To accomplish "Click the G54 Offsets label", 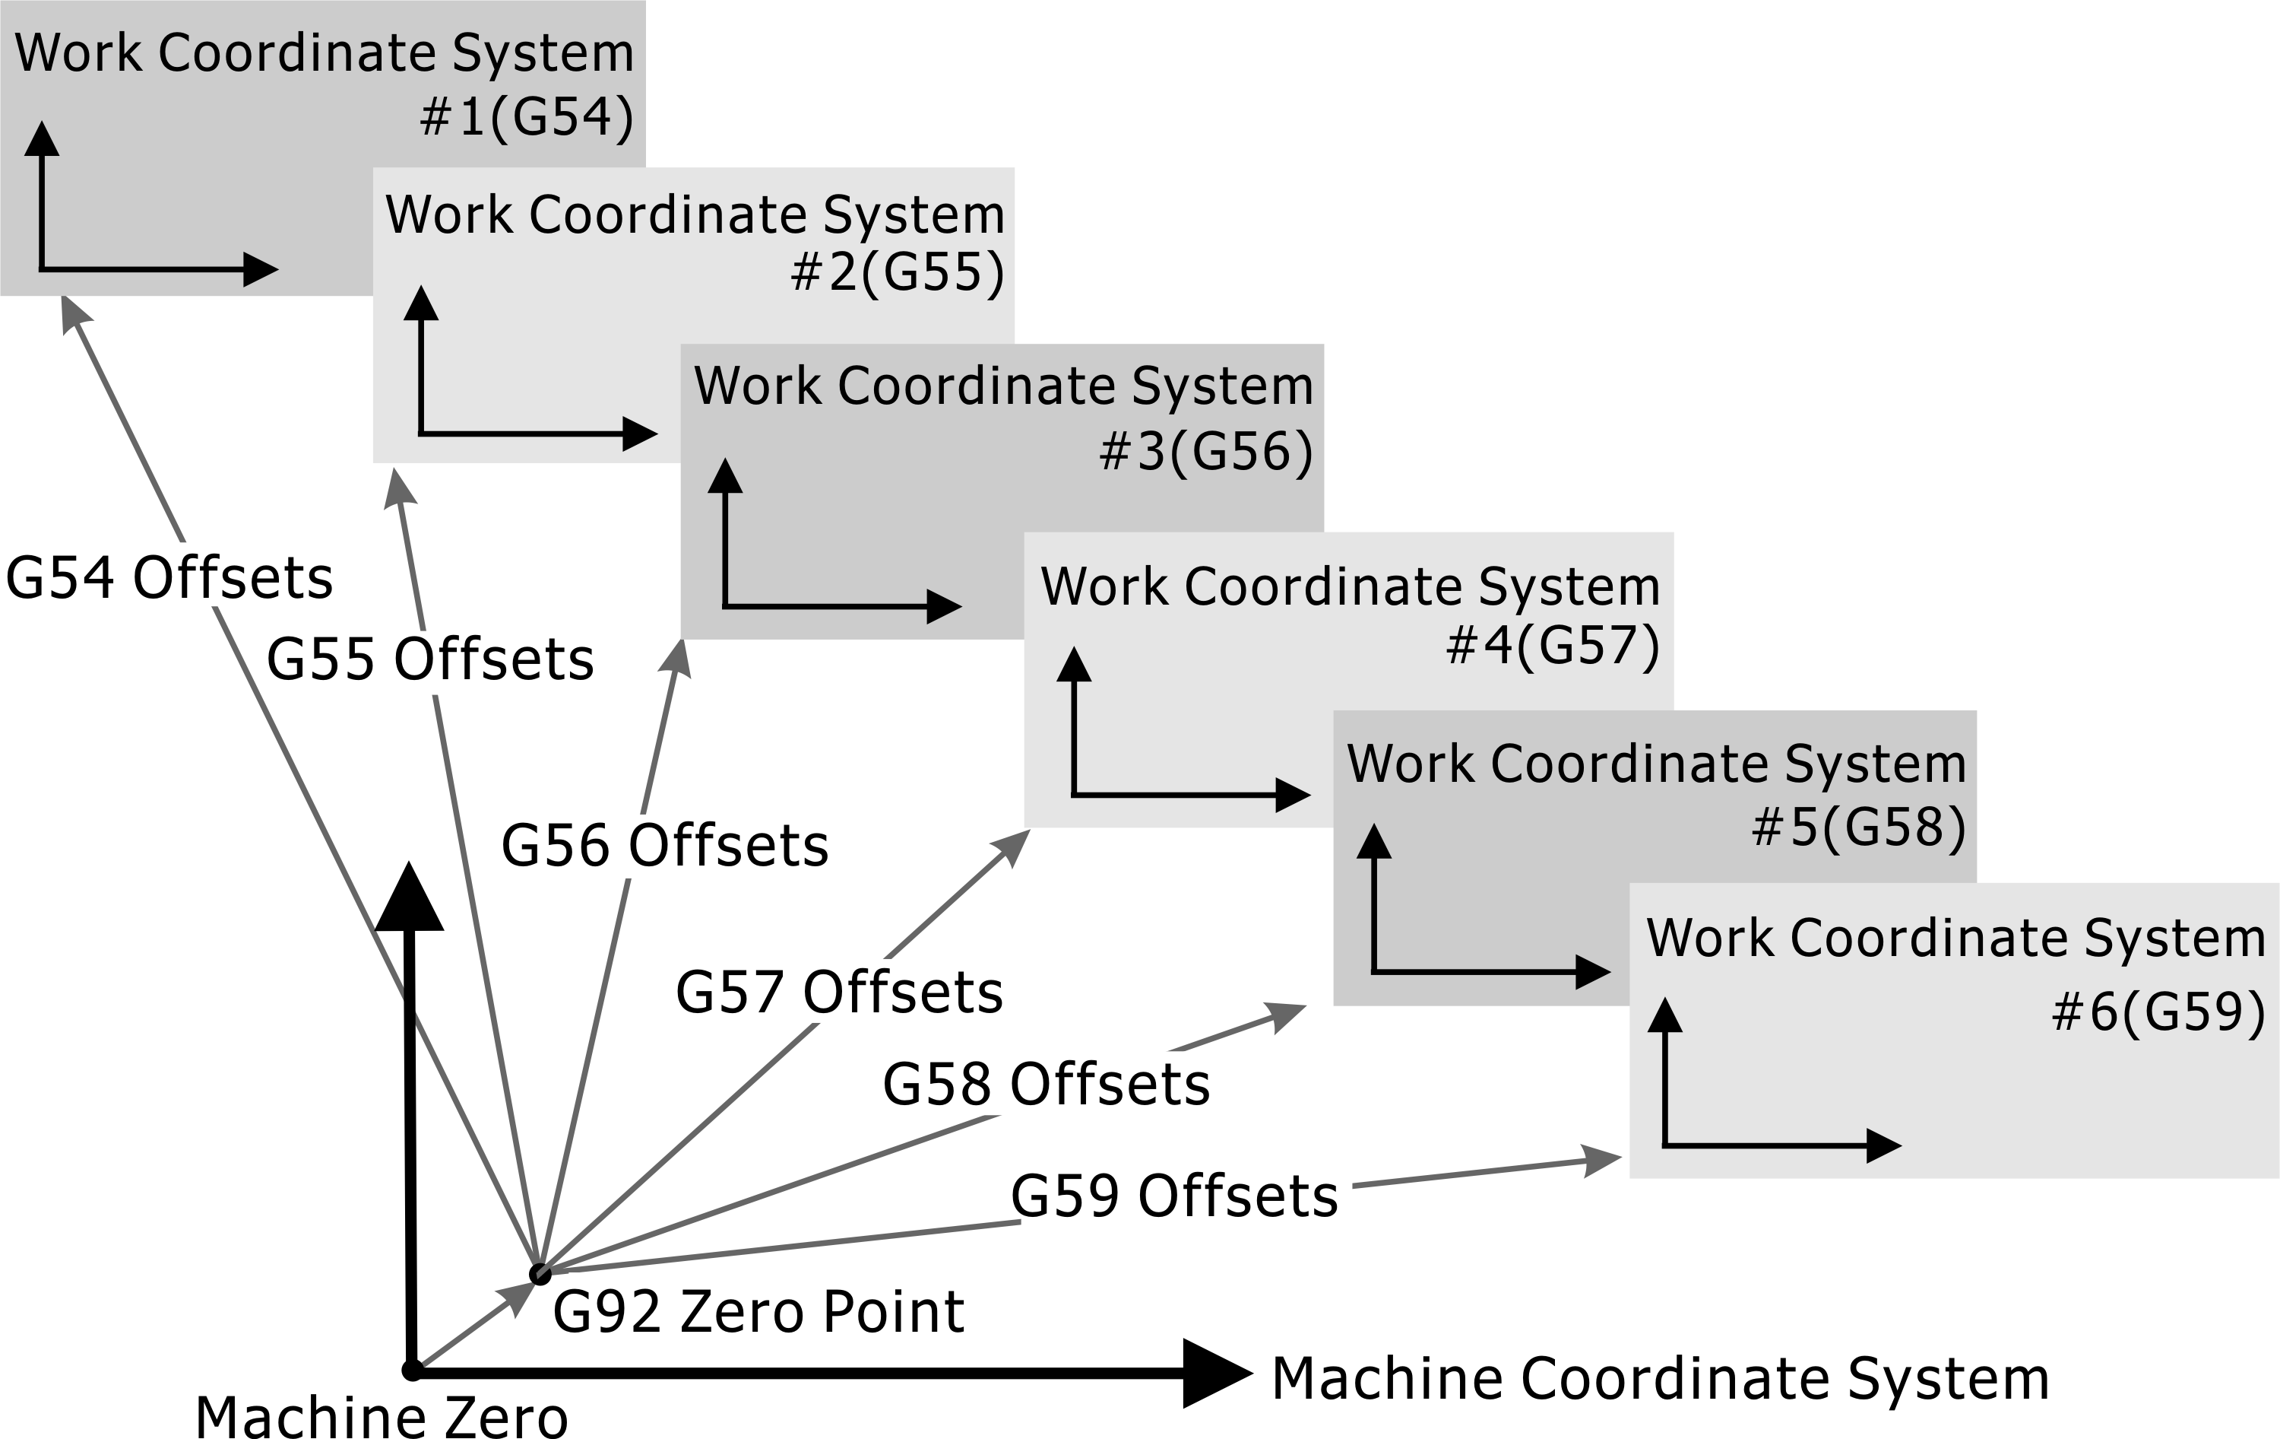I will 169,578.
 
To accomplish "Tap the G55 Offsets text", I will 430,659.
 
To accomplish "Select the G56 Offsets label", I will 665,845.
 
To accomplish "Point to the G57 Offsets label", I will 839,993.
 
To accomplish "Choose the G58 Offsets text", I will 1047,1084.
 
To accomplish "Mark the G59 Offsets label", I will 1174,1196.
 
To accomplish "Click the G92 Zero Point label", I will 758,1312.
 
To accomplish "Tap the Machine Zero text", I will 381,1416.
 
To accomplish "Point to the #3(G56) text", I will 1206,451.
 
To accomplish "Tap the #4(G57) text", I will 1553,646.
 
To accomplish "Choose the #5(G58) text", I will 1859,827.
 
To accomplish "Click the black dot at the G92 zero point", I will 540,1274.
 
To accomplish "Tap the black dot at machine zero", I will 412,1370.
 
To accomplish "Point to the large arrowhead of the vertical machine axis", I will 409,899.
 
